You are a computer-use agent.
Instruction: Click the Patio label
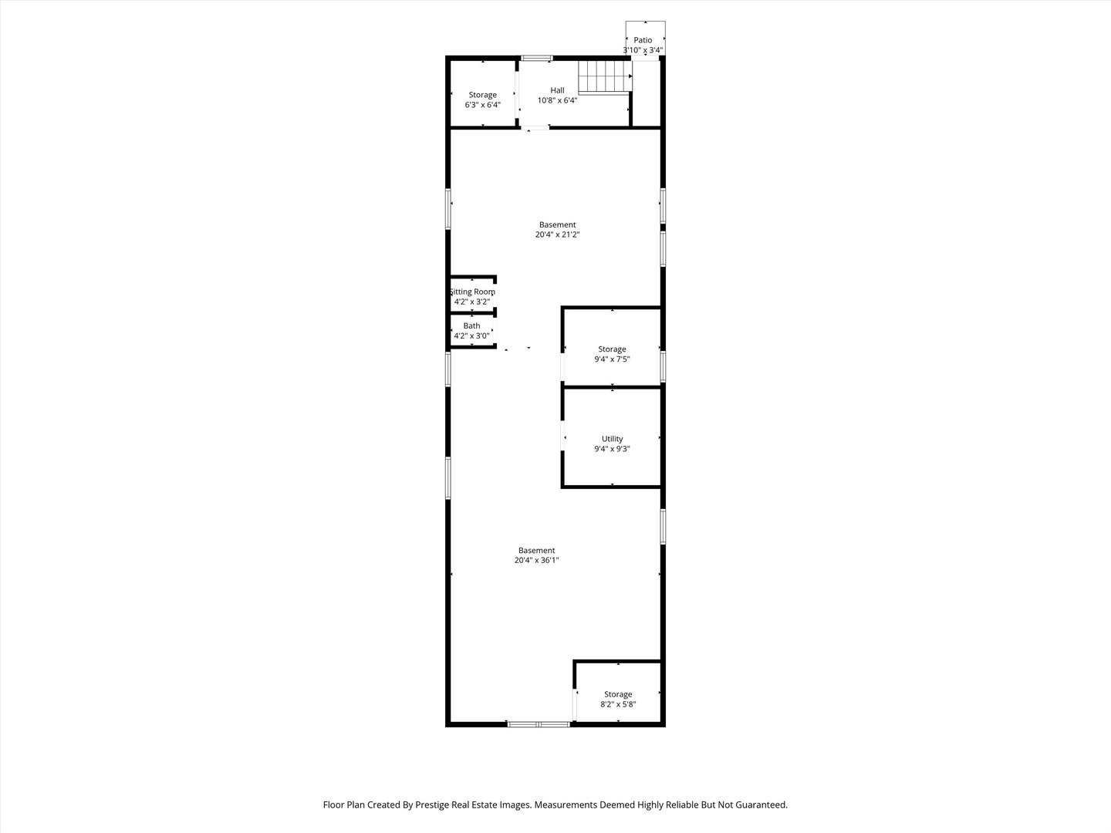(643, 40)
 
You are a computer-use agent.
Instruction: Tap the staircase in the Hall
(605, 77)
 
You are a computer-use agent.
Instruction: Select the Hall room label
(557, 90)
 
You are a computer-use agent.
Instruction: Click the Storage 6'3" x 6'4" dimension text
(483, 105)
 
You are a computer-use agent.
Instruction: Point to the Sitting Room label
(472, 292)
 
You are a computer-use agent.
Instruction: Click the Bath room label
(471, 325)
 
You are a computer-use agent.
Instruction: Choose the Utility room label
(613, 439)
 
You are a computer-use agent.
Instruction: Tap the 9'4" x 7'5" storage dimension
(612, 359)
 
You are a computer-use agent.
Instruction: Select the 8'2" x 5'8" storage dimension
(618, 704)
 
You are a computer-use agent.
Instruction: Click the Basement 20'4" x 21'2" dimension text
(557, 234)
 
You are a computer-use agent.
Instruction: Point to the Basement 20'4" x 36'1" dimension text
(536, 560)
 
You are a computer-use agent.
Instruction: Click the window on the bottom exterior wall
(539, 724)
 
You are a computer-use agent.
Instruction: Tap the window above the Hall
(537, 58)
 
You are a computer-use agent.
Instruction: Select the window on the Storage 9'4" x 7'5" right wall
(663, 366)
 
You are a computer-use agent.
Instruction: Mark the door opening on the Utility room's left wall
(562, 436)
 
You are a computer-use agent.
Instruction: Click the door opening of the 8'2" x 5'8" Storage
(575, 704)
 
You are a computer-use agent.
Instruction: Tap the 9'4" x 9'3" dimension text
(612, 449)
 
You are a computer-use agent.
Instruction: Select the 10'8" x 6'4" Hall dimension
(557, 100)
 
